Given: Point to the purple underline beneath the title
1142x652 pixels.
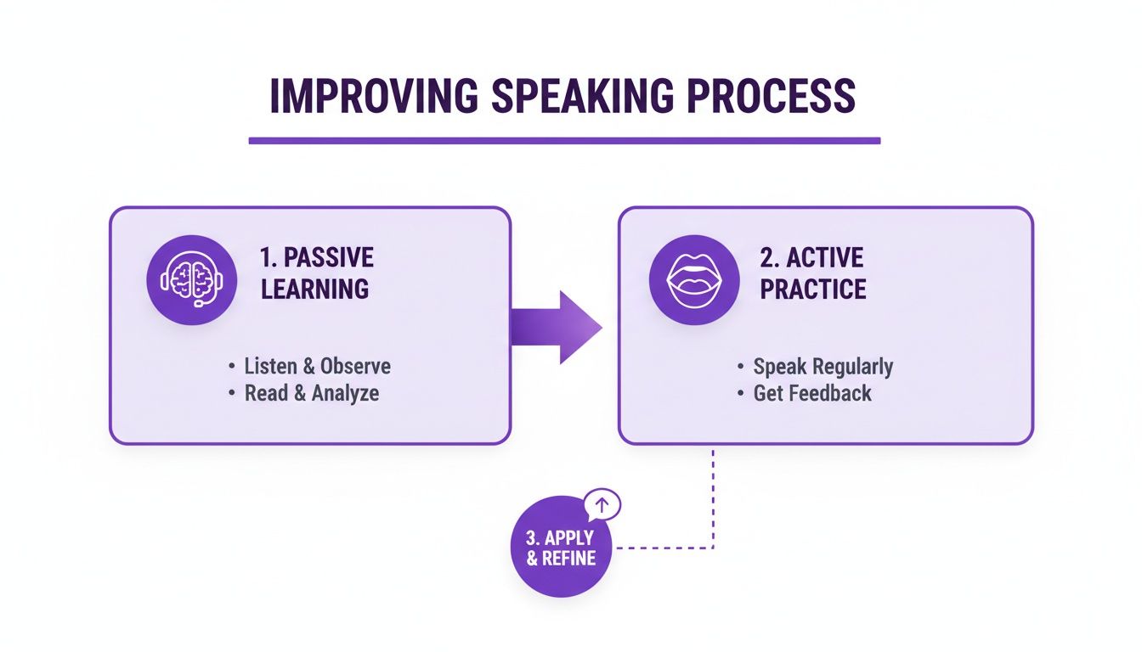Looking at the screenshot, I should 564,140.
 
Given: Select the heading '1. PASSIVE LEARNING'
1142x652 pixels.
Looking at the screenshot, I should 317,273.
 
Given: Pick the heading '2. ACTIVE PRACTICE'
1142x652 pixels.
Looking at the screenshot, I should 812,273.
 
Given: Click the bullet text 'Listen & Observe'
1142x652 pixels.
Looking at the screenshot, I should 317,367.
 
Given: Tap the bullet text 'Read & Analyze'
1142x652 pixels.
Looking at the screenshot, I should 311,394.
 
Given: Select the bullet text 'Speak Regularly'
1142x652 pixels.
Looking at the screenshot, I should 823,367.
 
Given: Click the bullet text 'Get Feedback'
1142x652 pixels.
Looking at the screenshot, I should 811,394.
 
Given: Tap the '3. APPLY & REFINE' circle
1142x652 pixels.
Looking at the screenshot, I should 561,548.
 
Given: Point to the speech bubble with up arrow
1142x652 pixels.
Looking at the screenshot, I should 602,505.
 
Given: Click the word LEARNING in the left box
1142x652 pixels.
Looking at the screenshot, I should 315,289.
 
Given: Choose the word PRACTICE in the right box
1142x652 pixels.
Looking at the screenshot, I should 813,289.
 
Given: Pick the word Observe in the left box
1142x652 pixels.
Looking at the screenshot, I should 355,367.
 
